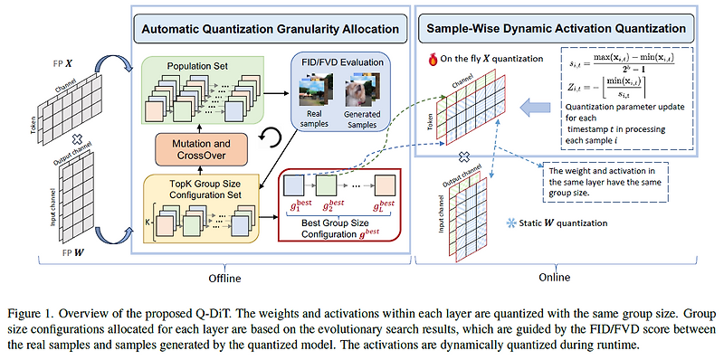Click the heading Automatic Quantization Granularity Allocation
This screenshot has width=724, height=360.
point(270,29)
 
